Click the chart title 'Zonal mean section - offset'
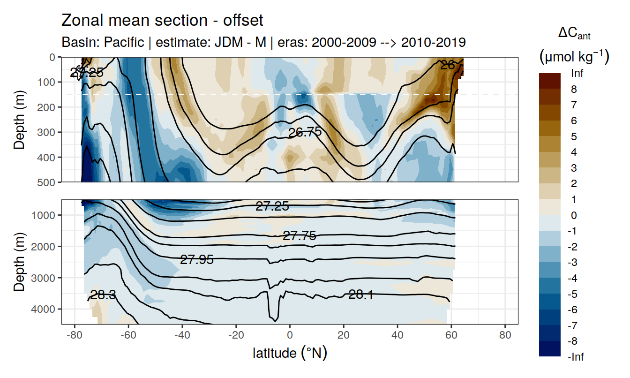(x=162, y=21)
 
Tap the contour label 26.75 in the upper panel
(x=305, y=132)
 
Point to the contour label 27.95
(x=197, y=259)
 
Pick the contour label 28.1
(x=360, y=295)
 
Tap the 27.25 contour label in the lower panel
(x=272, y=206)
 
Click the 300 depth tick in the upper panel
(x=49, y=132)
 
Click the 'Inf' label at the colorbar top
(x=576, y=73)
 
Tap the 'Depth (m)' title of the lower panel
(x=19, y=262)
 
